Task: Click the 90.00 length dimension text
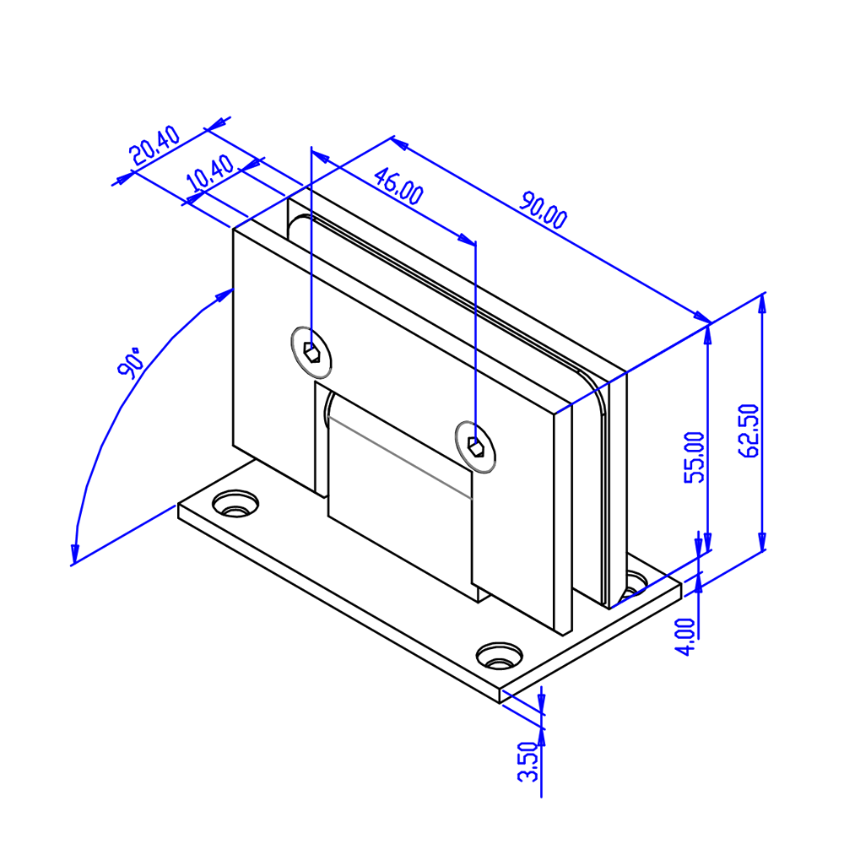click(543, 209)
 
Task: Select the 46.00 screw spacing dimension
click(398, 187)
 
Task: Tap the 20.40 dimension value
click(155, 145)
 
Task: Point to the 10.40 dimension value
click(210, 173)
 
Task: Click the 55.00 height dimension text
click(695, 457)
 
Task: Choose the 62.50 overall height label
click(748, 430)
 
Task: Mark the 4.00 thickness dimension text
click(685, 636)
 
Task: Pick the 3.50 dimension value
click(527, 761)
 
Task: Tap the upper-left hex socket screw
click(311, 353)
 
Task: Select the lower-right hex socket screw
click(475, 446)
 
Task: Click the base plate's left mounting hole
click(235, 504)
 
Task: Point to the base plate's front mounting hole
click(500, 656)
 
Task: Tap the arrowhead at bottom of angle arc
click(75, 554)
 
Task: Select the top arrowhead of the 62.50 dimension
click(761, 303)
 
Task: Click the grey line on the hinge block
click(400, 458)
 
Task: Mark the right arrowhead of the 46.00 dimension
click(467, 239)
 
